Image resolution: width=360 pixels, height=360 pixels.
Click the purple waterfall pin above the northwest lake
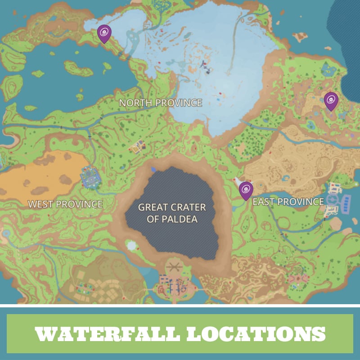pos(104,33)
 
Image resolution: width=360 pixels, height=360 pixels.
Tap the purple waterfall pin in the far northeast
pos(331,100)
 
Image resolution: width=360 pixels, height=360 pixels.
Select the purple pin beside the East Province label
pos(246,190)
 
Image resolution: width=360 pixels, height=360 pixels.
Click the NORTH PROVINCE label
pos(160,103)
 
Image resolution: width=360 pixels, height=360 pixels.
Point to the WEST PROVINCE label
pos(65,204)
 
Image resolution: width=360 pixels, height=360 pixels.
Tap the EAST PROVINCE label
pos(288,202)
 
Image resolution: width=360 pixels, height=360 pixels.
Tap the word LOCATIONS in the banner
pos(256,333)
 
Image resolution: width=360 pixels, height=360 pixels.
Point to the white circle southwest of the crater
pos(132,246)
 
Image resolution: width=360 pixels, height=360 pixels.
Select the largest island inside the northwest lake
pos(78,68)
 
